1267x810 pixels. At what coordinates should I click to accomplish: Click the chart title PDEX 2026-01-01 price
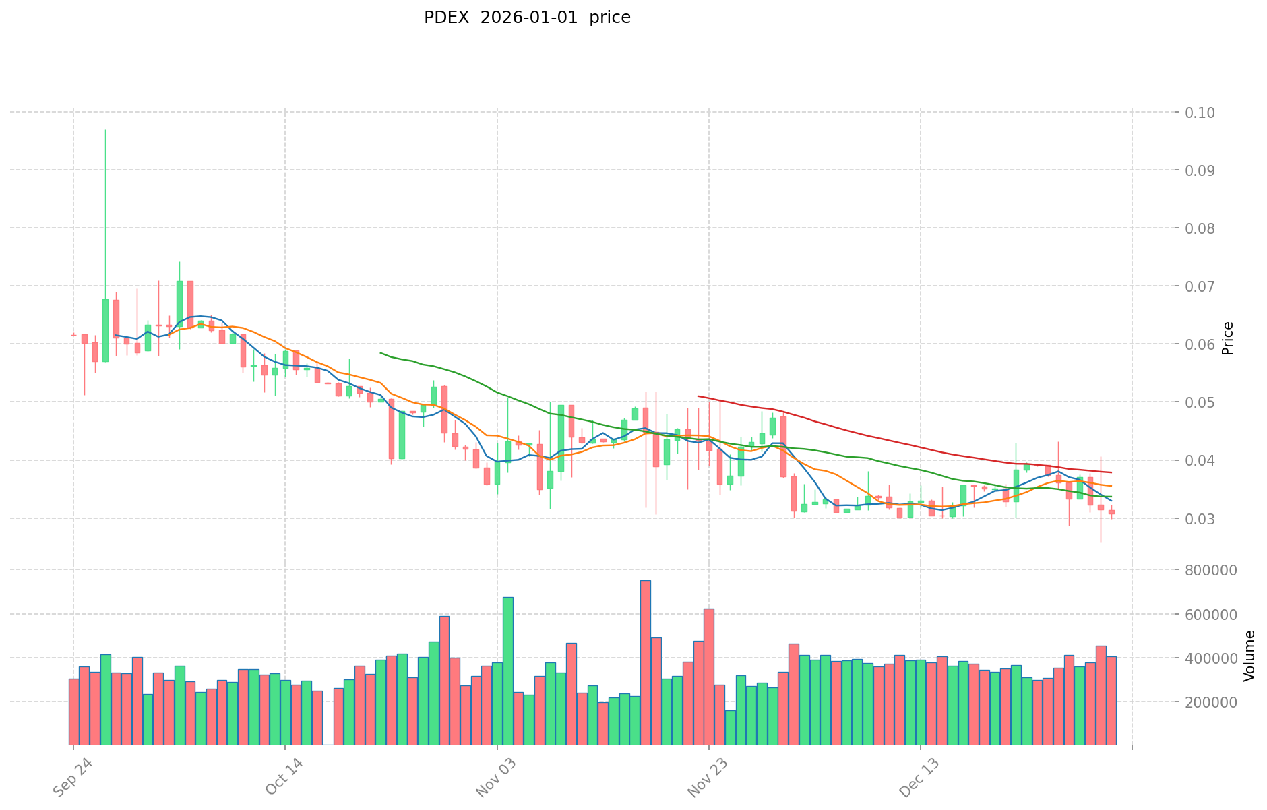pos(527,18)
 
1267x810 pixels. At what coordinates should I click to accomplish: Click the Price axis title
pos(1227,338)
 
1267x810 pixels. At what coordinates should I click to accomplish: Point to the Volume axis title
pos(1249,656)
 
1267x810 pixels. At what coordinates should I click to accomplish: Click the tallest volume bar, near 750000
pos(645,662)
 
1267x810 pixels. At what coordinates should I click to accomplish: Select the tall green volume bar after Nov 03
pos(507,671)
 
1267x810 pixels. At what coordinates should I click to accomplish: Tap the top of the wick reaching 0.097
pos(105,130)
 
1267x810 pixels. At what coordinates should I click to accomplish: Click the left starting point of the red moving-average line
pos(698,396)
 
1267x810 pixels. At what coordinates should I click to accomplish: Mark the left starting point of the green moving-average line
pos(381,352)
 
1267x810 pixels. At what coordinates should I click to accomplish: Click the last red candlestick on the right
pos(1111,512)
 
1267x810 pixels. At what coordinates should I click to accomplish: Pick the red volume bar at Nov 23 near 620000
pos(709,677)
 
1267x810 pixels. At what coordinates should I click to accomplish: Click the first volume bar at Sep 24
pos(73,712)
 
